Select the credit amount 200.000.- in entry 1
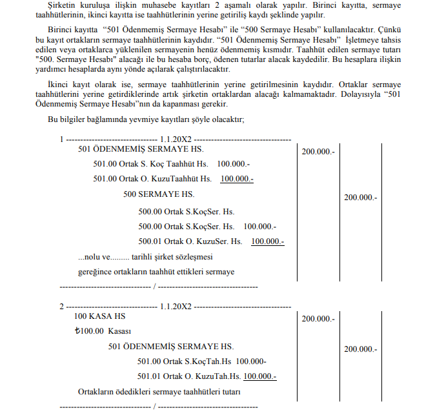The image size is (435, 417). coord(360,198)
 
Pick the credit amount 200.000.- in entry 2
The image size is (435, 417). coord(360,349)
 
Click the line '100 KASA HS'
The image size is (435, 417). coord(100,317)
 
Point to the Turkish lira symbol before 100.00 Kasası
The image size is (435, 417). coord(79,332)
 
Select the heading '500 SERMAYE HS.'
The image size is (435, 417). coord(158,194)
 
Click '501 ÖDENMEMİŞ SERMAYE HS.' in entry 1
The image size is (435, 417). coord(140,149)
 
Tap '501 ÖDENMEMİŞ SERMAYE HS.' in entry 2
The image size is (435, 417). coord(171,347)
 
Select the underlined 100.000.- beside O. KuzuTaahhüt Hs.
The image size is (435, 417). coord(237,179)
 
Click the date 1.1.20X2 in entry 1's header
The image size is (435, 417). coord(176,139)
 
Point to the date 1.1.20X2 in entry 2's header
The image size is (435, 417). coord(176,306)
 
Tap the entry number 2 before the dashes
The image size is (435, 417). coord(61,306)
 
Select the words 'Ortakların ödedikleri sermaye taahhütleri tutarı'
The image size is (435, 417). coord(159,392)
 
